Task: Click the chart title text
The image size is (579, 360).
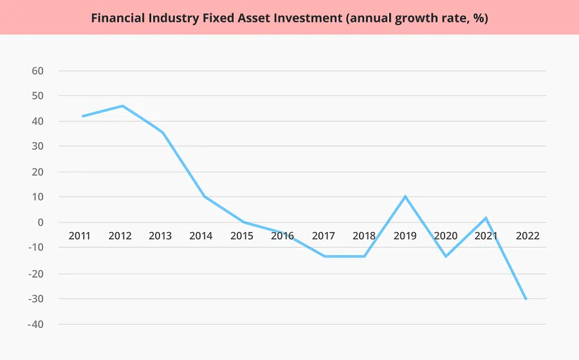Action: (x=289, y=17)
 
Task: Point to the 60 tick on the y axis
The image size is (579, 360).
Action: (x=37, y=71)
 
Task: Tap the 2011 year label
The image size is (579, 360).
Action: (x=80, y=236)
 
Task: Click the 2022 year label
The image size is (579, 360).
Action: (x=528, y=236)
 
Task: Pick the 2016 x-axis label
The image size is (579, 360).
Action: (x=282, y=236)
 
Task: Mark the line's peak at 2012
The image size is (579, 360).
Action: (x=122, y=106)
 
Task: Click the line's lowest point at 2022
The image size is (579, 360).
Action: (x=526, y=299)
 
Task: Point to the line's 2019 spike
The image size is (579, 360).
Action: (x=405, y=196)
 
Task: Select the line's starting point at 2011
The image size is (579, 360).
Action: (x=82, y=116)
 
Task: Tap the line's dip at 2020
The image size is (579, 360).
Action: (x=445, y=256)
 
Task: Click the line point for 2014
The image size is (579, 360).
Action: (x=204, y=196)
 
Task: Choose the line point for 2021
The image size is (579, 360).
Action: (x=486, y=218)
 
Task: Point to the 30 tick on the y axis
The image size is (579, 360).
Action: (x=37, y=147)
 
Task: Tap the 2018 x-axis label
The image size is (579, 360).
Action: (x=364, y=236)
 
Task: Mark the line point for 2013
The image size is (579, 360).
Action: (x=163, y=133)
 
